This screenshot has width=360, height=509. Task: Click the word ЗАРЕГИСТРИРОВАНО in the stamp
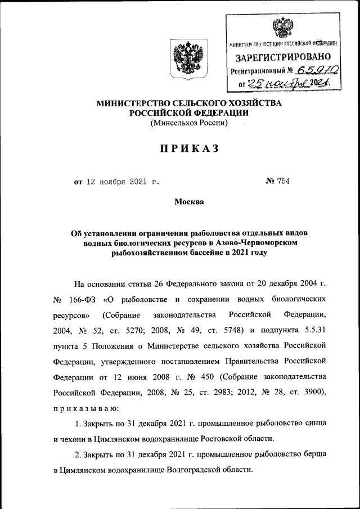283,57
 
